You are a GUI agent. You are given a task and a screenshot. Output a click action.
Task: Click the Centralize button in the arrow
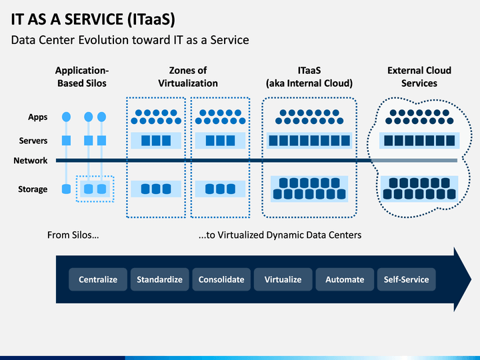click(x=98, y=279)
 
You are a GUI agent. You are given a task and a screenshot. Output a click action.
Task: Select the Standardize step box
click(x=159, y=279)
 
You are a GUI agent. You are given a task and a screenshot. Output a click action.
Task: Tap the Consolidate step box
click(x=221, y=279)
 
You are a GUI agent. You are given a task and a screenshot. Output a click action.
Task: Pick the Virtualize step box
click(x=283, y=279)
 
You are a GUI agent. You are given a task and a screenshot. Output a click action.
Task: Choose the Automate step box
click(x=345, y=279)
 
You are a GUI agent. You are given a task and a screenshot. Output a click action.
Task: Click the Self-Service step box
click(x=406, y=279)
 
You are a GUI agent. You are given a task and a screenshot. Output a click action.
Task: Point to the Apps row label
click(x=37, y=117)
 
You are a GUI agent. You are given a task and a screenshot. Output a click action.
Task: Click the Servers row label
click(x=33, y=141)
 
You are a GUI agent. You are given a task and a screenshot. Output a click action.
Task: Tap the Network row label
click(x=30, y=161)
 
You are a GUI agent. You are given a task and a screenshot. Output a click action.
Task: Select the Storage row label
click(x=33, y=189)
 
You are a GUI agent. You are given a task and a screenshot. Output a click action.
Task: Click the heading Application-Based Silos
click(x=82, y=77)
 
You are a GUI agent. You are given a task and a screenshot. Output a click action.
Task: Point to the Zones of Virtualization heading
click(x=188, y=77)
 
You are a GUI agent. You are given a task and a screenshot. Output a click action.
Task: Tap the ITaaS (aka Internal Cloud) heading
click(x=309, y=77)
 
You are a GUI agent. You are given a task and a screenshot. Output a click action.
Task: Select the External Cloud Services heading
click(x=419, y=77)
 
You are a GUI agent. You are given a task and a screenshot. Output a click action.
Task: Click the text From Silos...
click(x=73, y=235)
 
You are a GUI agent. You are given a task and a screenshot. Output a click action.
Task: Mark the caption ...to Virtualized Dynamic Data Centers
click(x=280, y=235)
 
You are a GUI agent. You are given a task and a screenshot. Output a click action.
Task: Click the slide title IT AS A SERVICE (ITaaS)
click(x=93, y=19)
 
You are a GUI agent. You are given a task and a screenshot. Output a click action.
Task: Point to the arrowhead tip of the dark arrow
click(x=471, y=279)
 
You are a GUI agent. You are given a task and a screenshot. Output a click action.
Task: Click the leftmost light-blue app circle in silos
click(x=66, y=117)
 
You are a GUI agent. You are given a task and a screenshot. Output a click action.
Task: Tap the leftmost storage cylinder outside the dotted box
click(x=66, y=189)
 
